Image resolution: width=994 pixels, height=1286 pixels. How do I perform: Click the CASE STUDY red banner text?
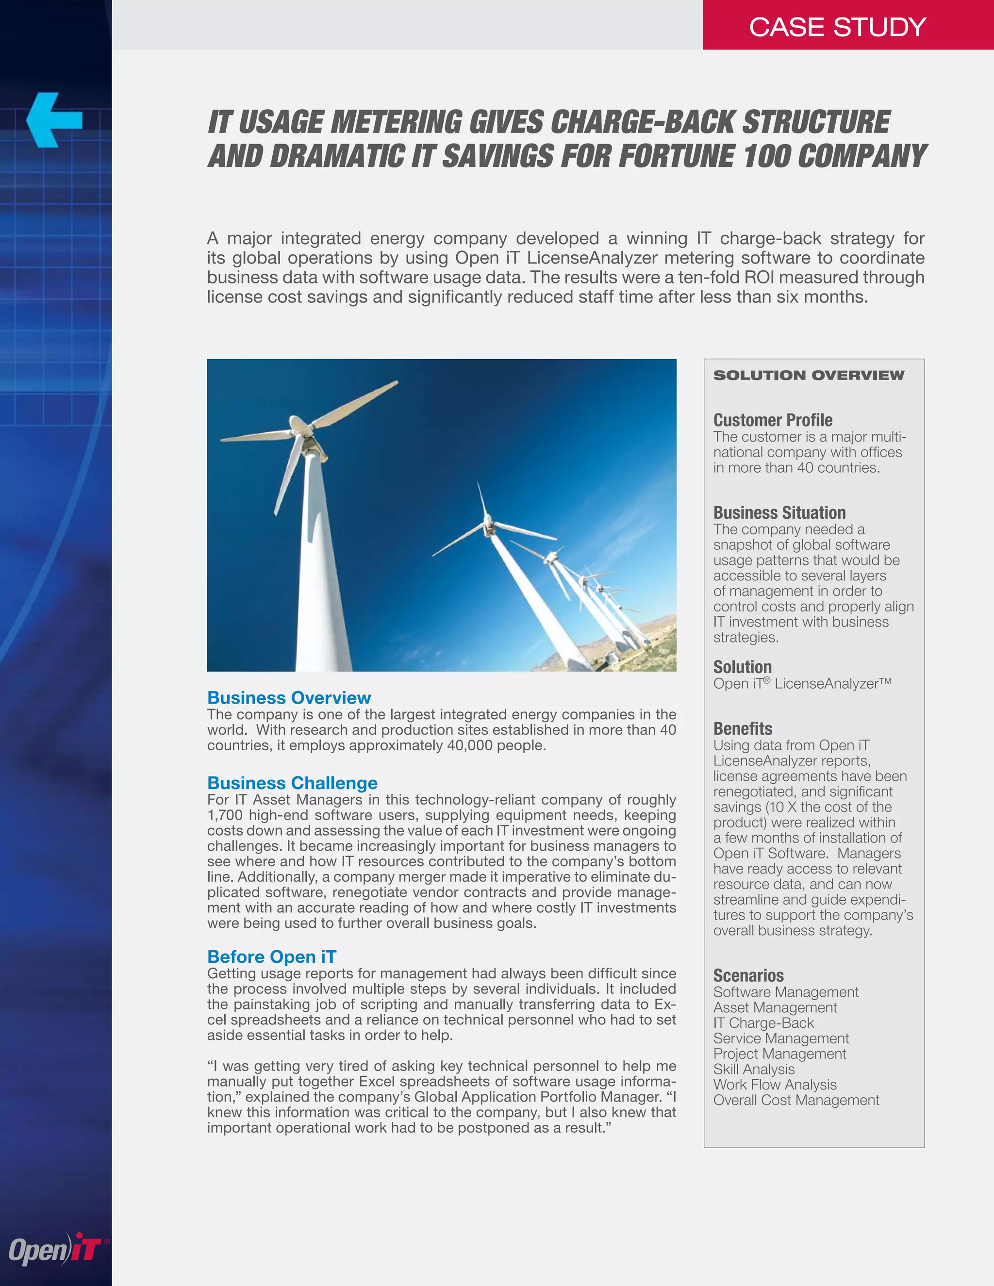[837, 27]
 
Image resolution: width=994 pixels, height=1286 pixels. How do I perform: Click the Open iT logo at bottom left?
[56, 1249]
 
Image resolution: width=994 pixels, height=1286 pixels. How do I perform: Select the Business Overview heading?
[289, 698]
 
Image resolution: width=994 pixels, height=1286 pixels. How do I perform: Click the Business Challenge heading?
[292, 783]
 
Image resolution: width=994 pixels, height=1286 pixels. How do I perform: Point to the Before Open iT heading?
[271, 957]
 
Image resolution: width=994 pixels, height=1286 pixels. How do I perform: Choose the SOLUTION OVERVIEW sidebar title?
[809, 376]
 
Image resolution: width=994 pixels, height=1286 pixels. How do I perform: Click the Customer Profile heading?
[773, 420]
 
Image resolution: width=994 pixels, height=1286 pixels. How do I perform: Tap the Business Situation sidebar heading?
[779, 512]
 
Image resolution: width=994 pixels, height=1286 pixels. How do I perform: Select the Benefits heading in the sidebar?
[743, 728]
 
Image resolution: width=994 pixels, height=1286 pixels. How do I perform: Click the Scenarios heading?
[748, 976]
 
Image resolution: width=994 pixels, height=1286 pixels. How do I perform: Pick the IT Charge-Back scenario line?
[763, 1023]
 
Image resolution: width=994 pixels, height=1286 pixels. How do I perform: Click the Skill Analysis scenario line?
[754, 1069]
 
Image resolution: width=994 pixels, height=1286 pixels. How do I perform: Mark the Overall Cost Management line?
[796, 1100]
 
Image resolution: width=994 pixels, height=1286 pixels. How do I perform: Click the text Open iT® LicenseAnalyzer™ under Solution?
[802, 684]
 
